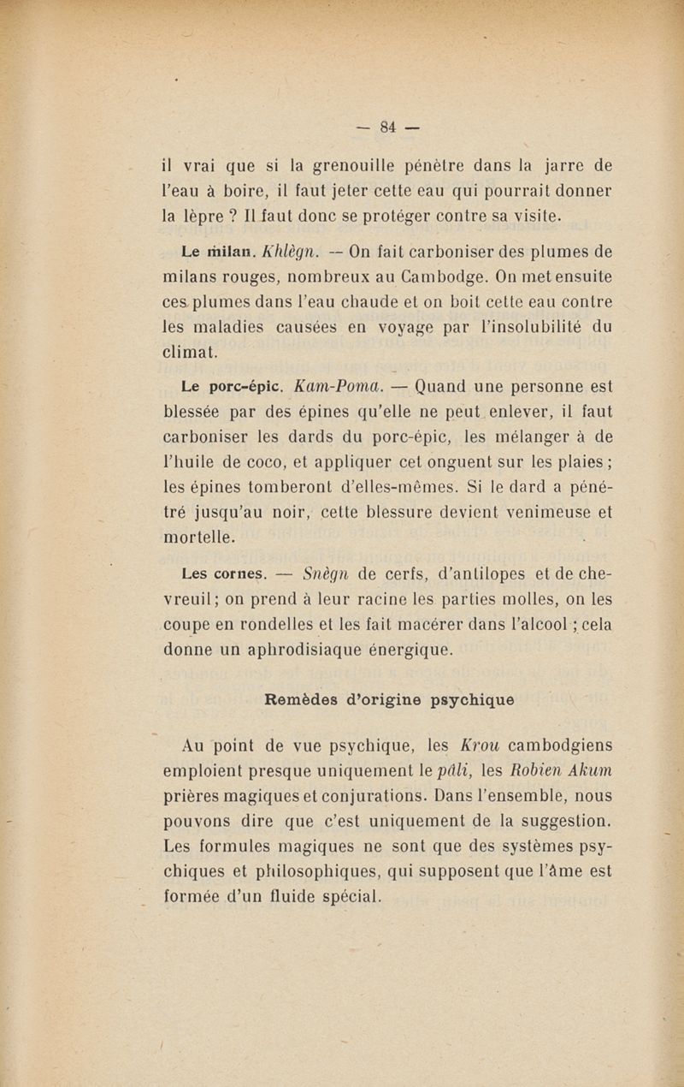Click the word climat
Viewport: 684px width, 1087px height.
tap(191, 351)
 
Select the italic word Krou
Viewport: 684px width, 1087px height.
tap(481, 745)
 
